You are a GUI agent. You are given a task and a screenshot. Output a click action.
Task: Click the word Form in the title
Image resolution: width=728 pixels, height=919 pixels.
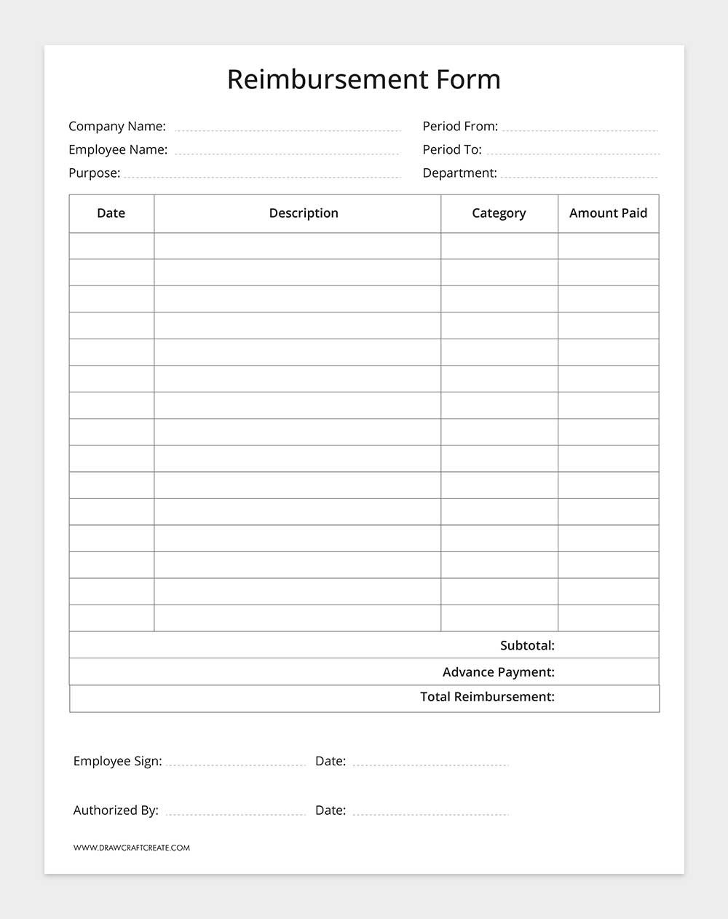coord(469,79)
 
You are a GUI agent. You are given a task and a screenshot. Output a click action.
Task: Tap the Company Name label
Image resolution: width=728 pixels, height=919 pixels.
coord(117,127)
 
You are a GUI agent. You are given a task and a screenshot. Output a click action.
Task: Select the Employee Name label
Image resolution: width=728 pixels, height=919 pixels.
coord(118,150)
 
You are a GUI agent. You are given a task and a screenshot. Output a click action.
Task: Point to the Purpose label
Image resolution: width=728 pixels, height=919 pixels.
coord(94,173)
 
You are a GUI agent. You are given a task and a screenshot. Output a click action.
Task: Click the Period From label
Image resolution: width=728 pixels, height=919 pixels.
coord(460,127)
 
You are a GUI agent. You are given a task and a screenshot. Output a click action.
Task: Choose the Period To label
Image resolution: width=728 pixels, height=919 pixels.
coord(452,150)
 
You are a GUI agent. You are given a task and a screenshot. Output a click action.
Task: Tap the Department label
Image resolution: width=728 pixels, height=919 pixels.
coord(459,173)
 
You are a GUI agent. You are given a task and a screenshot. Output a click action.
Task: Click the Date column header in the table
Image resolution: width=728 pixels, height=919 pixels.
coord(111,213)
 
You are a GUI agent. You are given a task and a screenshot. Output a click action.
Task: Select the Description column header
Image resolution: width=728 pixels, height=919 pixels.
coord(304,213)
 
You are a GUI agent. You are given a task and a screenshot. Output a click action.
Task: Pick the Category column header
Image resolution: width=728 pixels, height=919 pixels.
coord(499,213)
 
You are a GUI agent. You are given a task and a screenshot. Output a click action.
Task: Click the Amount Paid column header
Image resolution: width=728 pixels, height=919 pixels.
coord(608,213)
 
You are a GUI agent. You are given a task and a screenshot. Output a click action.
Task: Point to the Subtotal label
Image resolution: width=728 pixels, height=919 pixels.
coord(527,645)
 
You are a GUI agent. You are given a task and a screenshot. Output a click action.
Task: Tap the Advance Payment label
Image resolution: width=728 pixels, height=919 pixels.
coord(498,672)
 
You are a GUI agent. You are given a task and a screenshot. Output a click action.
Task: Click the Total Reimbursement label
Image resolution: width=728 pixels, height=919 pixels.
coord(487,697)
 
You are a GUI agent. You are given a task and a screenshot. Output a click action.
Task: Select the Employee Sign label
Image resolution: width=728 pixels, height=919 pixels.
coord(117,761)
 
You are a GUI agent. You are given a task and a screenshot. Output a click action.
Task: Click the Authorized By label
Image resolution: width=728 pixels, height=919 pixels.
coord(116,810)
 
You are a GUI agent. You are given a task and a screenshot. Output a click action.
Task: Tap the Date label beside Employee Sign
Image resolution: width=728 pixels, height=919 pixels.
coord(331,761)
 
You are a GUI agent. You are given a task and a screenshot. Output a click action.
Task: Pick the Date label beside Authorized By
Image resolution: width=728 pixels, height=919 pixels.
coord(331,810)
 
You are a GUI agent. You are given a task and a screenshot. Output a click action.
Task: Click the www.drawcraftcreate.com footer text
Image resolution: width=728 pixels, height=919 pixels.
coord(132,848)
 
